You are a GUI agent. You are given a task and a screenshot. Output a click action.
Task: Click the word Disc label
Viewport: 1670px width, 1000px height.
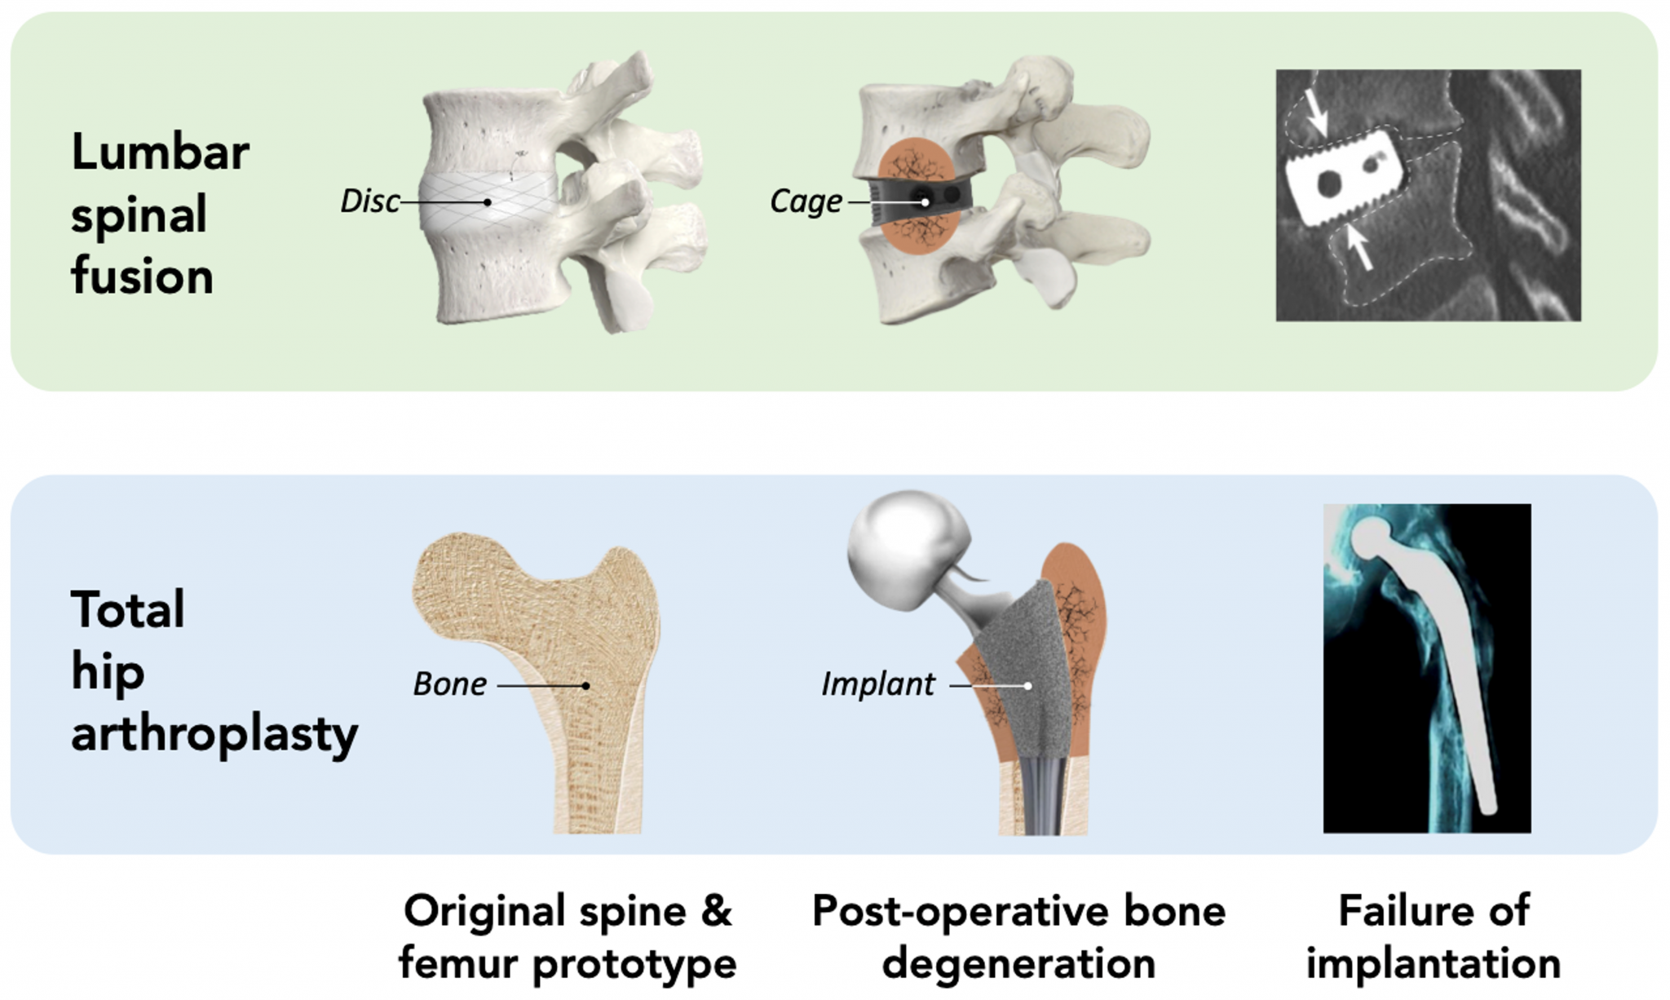click(370, 201)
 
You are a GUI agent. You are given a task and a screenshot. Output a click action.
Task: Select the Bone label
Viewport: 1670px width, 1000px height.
click(450, 684)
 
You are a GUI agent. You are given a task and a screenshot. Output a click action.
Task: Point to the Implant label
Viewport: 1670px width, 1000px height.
click(878, 684)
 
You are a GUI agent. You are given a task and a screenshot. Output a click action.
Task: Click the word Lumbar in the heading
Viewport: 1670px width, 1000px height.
click(161, 153)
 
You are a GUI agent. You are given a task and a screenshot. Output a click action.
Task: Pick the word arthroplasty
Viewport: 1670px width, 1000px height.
click(214, 733)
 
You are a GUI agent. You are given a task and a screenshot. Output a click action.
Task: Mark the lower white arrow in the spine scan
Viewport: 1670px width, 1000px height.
click(1359, 246)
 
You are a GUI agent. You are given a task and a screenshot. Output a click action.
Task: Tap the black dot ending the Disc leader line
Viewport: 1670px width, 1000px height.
click(488, 202)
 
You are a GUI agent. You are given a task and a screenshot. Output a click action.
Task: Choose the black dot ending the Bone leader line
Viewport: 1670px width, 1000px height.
click(585, 686)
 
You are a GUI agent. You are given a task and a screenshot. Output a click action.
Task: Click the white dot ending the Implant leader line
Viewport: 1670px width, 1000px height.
click(1028, 686)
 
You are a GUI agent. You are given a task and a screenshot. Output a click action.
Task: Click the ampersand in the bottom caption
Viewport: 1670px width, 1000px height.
click(716, 911)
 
